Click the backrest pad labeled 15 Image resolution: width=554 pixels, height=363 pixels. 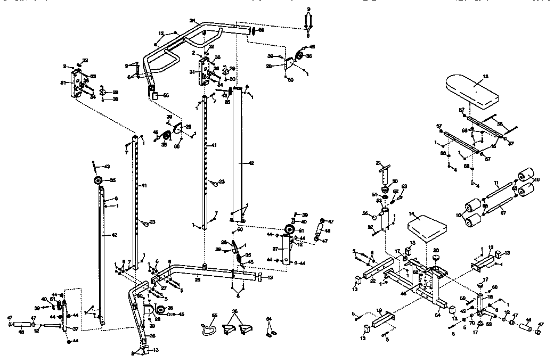(471, 93)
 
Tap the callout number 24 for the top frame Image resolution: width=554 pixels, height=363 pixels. (192, 21)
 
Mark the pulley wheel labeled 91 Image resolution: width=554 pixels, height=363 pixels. (290, 230)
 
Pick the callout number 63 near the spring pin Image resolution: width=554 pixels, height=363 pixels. (404, 186)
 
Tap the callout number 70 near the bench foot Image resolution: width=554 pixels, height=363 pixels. (471, 322)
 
